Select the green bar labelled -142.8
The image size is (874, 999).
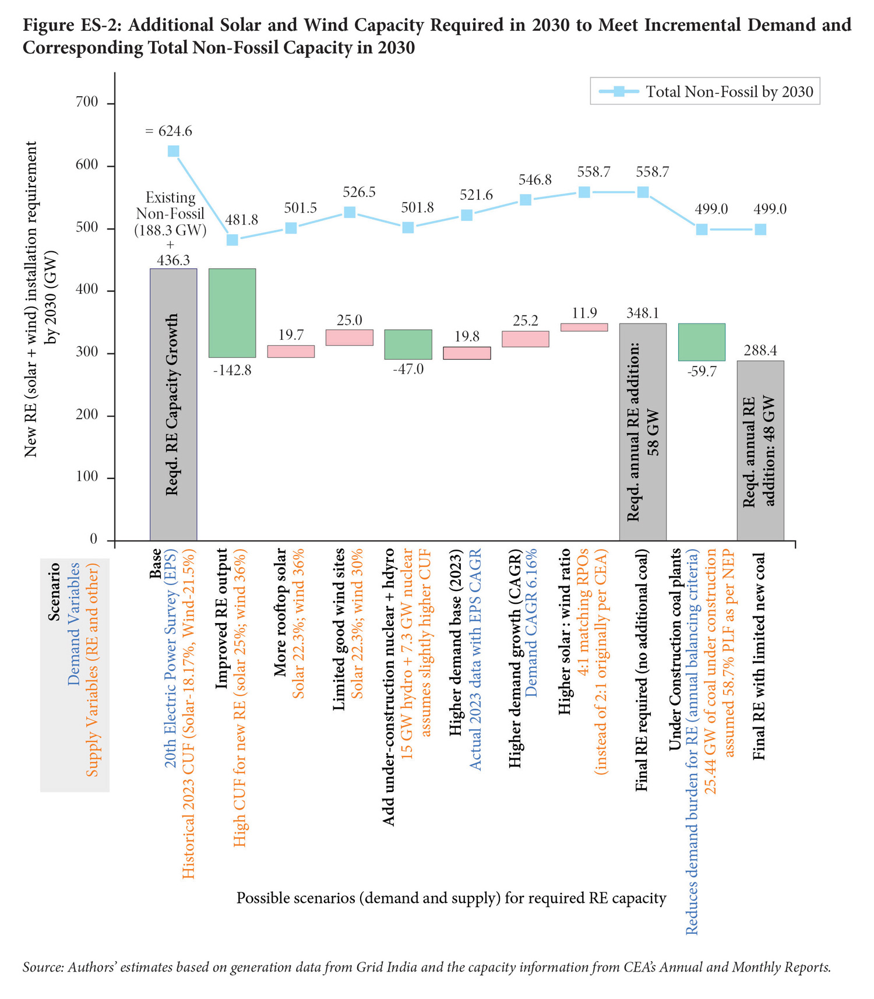pos(232,313)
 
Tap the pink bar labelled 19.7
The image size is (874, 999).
pos(291,351)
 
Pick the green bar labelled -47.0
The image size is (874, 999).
pos(408,344)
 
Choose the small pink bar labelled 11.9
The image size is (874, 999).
pos(584,328)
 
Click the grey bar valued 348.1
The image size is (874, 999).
pos(643,431)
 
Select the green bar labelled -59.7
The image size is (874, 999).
pos(702,342)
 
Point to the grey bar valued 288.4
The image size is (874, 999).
pos(760,450)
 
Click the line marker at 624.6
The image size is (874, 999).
pos(173,152)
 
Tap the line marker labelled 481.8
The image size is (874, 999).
pos(232,240)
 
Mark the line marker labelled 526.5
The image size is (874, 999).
pos(350,212)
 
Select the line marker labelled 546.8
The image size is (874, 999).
pos(525,200)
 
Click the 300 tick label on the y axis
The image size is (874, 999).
pos(87,353)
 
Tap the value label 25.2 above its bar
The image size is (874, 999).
pos(525,321)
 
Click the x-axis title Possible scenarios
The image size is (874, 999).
pos(451,898)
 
